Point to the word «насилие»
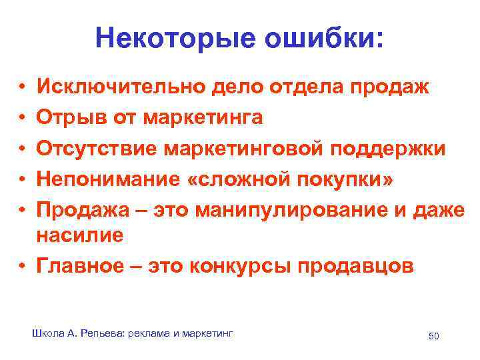(80, 235)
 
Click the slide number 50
(434, 335)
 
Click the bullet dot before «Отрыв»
(22, 118)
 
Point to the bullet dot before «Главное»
(22, 266)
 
